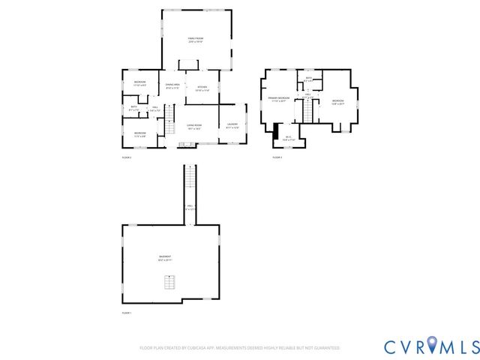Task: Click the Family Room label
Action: click(x=196, y=39)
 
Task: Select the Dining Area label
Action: click(x=172, y=86)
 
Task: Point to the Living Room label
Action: click(x=195, y=127)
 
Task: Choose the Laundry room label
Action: click(x=232, y=125)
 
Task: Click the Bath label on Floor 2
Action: click(x=133, y=108)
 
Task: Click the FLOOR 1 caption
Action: click(x=126, y=313)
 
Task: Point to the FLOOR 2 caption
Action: click(x=126, y=157)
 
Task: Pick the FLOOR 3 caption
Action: click(x=277, y=157)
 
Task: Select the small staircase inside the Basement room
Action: click(x=169, y=283)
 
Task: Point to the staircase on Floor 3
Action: click(x=306, y=111)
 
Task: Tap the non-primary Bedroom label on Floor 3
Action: click(x=337, y=102)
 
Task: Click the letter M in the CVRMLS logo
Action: click(x=452, y=346)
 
